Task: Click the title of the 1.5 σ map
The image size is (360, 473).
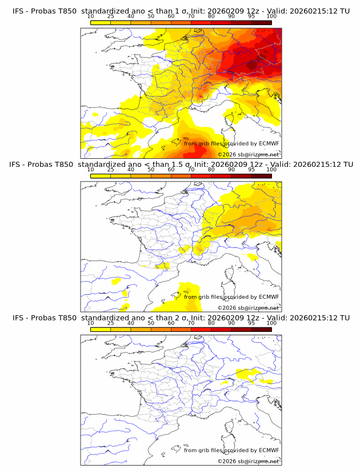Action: (179, 164)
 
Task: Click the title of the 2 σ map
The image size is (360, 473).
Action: (179, 318)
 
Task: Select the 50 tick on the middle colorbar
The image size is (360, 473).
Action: (151, 169)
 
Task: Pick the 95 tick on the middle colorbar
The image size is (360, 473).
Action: (251, 169)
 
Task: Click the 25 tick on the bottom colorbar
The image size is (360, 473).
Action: (110, 323)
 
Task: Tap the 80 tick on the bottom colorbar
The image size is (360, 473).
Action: (211, 323)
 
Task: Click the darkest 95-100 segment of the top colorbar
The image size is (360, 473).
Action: (261, 22)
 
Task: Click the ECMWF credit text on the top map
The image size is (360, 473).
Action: (231, 143)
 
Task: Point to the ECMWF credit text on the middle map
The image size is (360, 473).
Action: (231, 297)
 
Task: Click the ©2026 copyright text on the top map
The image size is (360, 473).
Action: (249, 155)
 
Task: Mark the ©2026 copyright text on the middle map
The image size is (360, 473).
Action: (249, 308)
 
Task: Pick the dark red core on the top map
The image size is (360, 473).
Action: (254, 63)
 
